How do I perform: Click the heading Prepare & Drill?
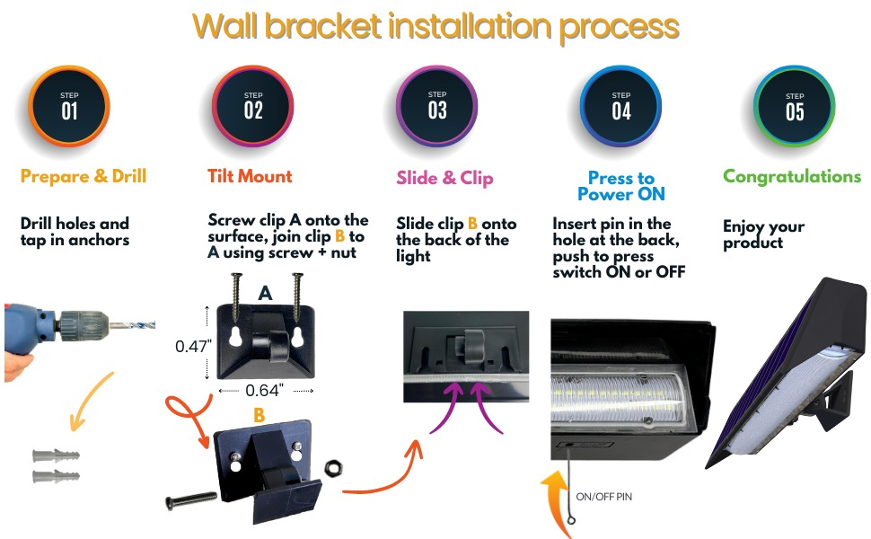pos(83,176)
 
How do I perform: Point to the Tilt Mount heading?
pos(250,176)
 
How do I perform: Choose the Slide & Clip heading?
pos(444,178)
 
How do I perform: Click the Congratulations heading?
pos(792,176)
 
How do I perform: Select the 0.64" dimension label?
pos(265,390)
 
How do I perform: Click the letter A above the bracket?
pos(265,293)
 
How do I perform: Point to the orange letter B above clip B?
pos(259,415)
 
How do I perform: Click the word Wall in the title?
pos(235,26)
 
